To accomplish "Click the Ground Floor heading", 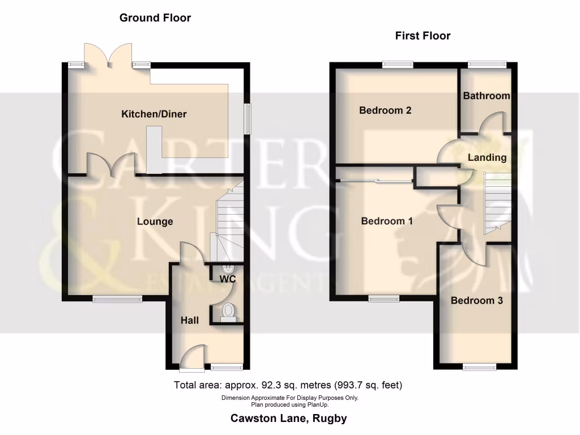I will (x=155, y=18).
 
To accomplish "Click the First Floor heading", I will (x=423, y=36).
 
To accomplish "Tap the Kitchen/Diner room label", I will (x=154, y=114).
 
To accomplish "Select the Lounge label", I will (x=155, y=221).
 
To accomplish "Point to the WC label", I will (x=228, y=279).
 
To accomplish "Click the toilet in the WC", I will (x=228, y=312).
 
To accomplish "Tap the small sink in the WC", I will (x=229, y=268).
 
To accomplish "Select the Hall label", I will (x=190, y=321).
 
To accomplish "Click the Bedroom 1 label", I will (x=387, y=221).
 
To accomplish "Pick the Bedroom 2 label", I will (x=385, y=110).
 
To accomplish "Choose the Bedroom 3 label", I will (x=476, y=301).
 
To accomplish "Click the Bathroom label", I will (x=487, y=96).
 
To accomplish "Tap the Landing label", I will (x=487, y=157).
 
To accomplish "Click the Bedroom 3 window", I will (x=476, y=367).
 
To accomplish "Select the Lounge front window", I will (x=118, y=298).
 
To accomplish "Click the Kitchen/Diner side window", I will (x=248, y=118).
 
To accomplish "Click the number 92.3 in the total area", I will (x=271, y=386).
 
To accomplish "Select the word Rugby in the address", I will (x=331, y=419).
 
